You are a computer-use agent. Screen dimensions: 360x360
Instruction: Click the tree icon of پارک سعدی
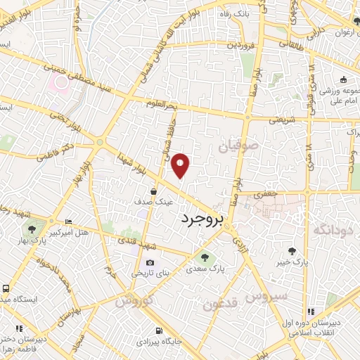click(205, 256)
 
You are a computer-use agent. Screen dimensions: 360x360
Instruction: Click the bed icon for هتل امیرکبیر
click(67, 221)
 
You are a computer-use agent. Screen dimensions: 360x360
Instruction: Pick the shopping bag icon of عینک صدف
click(153, 191)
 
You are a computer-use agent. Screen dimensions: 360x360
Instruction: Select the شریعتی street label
click(283, 119)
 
